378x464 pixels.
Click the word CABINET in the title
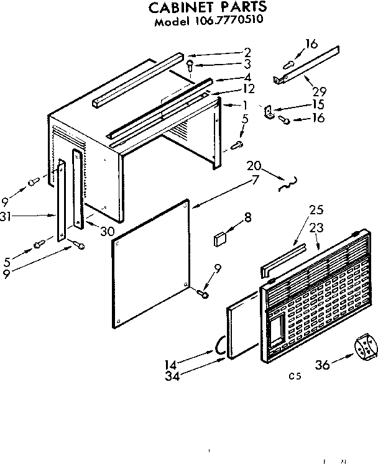click(x=181, y=8)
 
